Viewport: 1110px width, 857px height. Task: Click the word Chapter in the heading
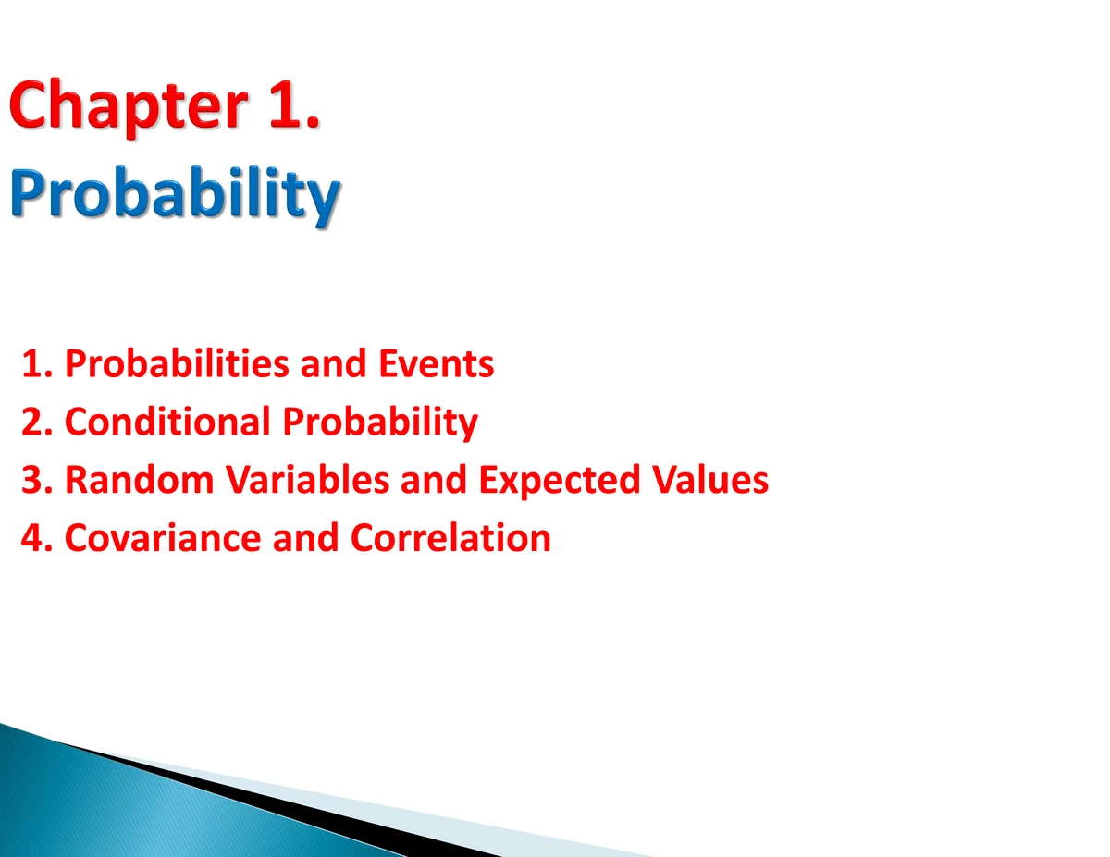(x=129, y=107)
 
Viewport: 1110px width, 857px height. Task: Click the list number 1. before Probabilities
(x=37, y=363)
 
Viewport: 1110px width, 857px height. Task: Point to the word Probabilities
(x=177, y=363)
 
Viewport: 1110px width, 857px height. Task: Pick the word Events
(x=437, y=363)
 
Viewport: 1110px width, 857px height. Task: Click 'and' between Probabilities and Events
(x=334, y=363)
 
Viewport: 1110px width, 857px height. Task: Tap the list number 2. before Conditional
(x=37, y=422)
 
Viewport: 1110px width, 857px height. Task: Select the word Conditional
(x=167, y=422)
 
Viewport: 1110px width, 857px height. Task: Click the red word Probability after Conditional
(x=380, y=423)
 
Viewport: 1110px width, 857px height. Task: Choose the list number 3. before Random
(x=37, y=480)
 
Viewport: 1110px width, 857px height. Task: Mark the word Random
(x=140, y=480)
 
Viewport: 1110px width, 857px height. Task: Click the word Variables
(x=307, y=480)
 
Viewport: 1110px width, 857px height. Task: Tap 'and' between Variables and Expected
(x=434, y=480)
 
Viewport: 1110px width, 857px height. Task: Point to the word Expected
(x=560, y=482)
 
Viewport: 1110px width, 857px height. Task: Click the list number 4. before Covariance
(x=37, y=538)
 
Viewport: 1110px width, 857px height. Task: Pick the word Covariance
(x=163, y=538)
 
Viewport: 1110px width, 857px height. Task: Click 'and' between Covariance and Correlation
(x=306, y=538)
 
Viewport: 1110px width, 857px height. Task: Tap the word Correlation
(x=450, y=538)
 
